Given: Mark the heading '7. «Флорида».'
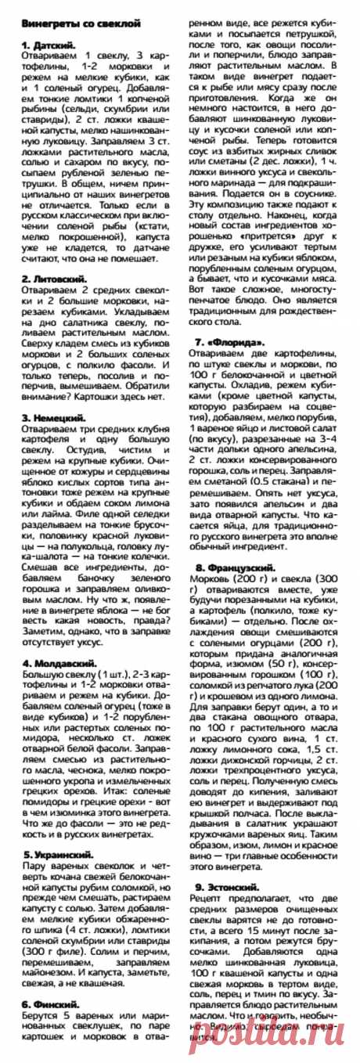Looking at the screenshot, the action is (x=230, y=342).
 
